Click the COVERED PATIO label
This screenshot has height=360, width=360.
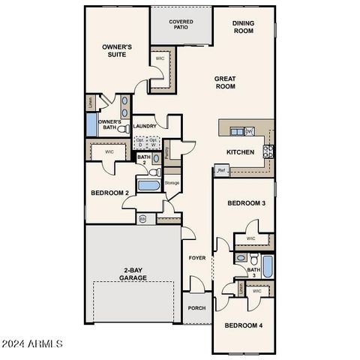pos(181,25)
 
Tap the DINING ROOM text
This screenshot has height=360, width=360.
pos(243,27)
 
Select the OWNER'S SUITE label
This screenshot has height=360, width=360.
pos(117,50)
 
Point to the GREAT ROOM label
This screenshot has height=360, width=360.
pos(225,82)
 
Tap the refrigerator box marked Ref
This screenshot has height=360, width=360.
pos(221,170)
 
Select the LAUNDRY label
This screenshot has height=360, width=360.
pos(145,126)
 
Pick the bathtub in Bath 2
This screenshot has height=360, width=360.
pos(148,185)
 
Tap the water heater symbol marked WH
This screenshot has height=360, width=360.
pos(142,219)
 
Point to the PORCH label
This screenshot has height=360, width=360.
pos(196,308)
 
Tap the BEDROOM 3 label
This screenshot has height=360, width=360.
pos(247,203)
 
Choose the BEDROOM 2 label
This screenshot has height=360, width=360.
pos(110,193)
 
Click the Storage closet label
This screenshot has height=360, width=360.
pos(172,182)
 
